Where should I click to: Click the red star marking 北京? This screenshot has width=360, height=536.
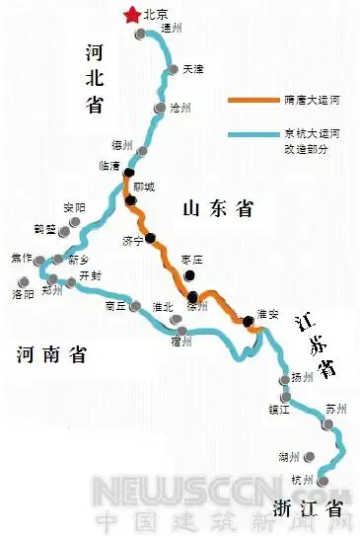[x=128, y=14]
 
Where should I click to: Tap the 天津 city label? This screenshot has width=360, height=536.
[x=192, y=69]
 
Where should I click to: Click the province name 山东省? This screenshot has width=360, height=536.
[x=218, y=208]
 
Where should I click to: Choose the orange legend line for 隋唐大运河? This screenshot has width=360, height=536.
[x=251, y=101]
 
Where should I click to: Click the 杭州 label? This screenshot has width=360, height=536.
[x=302, y=481]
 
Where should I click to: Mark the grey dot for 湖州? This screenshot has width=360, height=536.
[x=312, y=457]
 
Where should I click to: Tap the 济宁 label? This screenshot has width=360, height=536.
[x=133, y=240]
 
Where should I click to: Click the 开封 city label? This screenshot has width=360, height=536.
[x=90, y=274]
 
